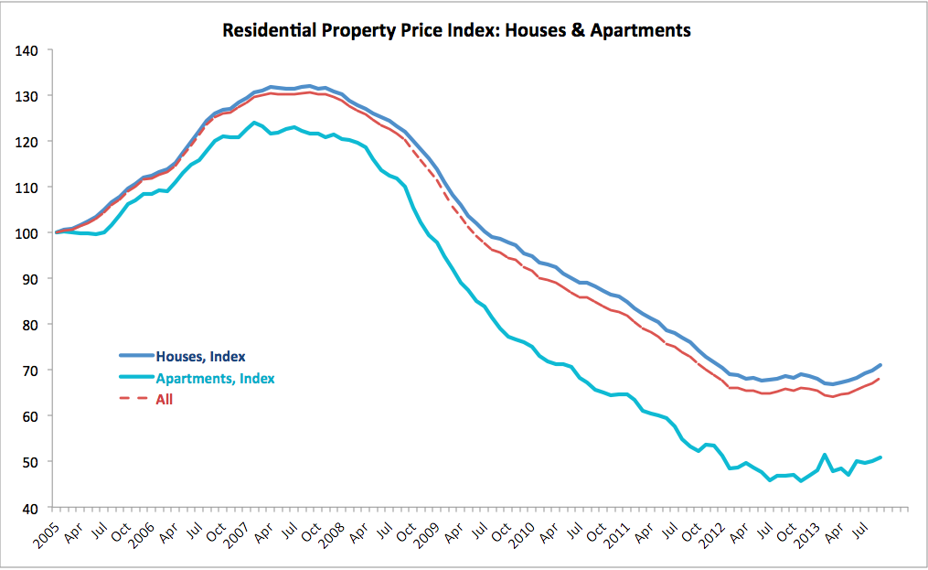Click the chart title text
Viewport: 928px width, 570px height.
(x=456, y=30)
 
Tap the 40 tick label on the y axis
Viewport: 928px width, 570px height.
(x=33, y=508)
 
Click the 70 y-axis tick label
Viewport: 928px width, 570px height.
(x=33, y=371)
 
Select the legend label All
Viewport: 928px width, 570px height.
(x=165, y=399)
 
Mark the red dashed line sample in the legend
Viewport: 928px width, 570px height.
(x=135, y=399)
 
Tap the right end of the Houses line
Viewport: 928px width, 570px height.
(x=880, y=365)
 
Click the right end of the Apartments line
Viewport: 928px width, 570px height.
(x=880, y=457)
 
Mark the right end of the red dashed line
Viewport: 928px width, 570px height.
(x=880, y=379)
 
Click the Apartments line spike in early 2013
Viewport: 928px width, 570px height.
(x=825, y=455)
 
